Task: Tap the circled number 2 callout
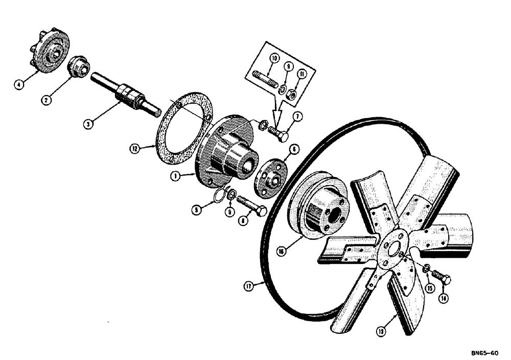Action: coord(46,100)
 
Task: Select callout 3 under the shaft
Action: coord(89,124)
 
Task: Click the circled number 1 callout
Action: coord(175,176)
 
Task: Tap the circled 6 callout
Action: coord(294,149)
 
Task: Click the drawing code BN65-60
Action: coord(484,353)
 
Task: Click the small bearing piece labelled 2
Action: coord(79,66)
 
